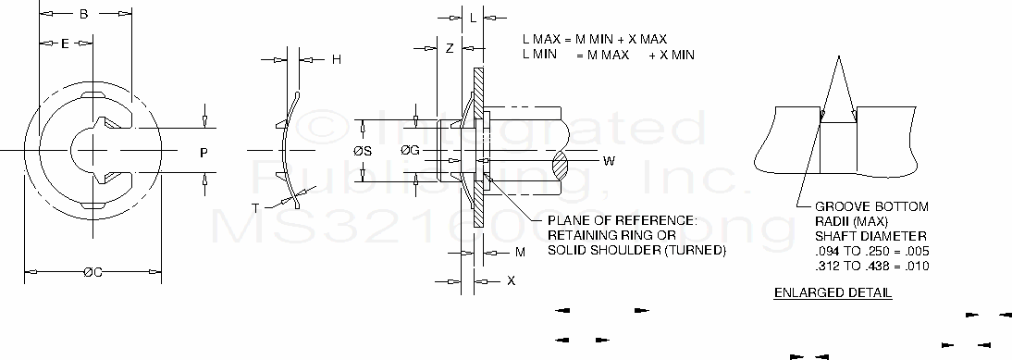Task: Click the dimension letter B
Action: (84, 14)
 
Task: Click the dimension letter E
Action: (65, 43)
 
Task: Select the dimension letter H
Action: (337, 60)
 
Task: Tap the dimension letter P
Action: (204, 153)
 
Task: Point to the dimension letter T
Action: (255, 207)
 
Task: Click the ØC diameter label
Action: (93, 272)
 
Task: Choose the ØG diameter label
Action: (411, 151)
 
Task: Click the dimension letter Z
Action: (450, 48)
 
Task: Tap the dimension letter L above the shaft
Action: (473, 19)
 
